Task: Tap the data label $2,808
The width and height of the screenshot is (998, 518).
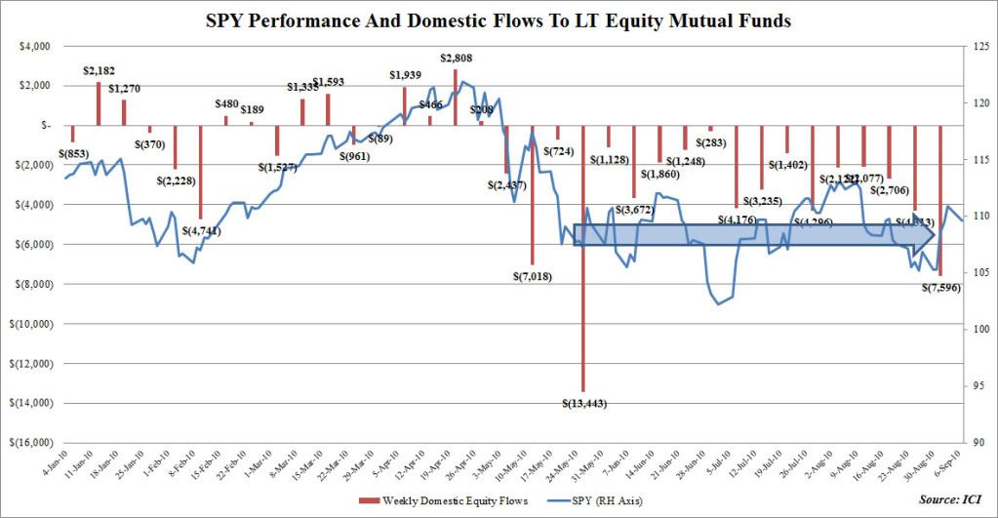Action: (456, 59)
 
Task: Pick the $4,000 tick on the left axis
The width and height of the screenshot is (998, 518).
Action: (36, 45)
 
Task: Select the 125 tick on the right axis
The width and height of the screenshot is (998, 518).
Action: (978, 45)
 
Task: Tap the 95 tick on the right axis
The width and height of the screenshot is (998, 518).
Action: (976, 385)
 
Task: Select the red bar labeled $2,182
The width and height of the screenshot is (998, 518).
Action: (99, 103)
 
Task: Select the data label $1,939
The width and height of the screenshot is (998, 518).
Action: (405, 75)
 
